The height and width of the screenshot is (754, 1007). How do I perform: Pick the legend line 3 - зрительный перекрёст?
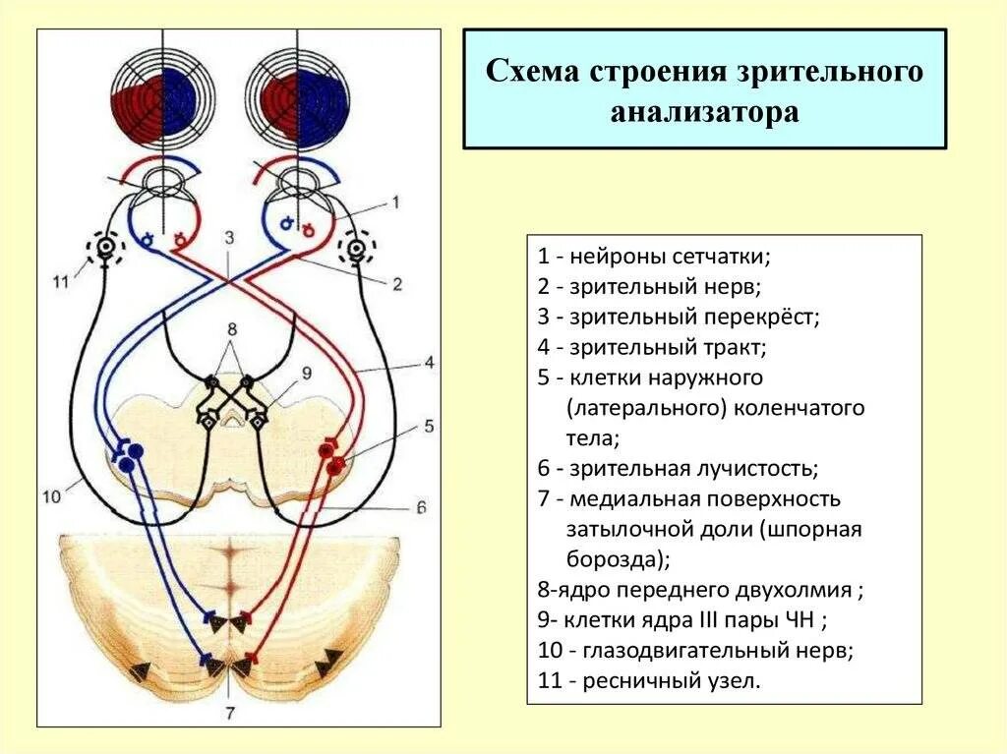pos(679,317)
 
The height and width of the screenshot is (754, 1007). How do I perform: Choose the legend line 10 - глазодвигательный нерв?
pos(695,651)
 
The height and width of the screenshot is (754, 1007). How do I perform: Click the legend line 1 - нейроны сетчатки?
pos(654,257)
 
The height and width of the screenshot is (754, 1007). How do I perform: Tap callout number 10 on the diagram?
pos(52,496)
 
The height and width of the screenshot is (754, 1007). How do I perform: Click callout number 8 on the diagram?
pos(232,327)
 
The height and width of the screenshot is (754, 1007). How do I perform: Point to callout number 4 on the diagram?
pos(430,362)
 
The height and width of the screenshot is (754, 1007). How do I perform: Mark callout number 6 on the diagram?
pos(420,507)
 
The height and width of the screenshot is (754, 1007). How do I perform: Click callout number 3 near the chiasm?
pos(229,237)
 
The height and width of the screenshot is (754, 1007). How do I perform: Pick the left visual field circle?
pos(154,95)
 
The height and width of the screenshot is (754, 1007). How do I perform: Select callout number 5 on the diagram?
pos(429,426)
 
